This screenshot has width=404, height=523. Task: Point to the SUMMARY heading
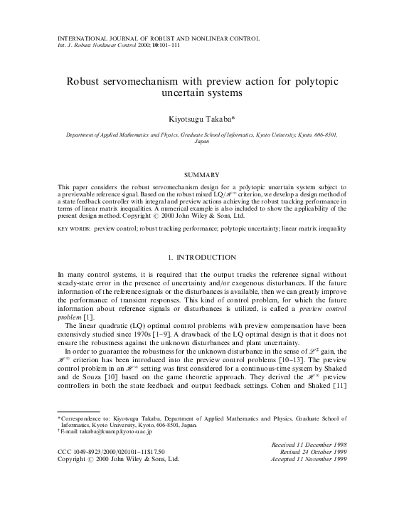[201, 174]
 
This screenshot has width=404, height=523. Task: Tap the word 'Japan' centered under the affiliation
[201, 142]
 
